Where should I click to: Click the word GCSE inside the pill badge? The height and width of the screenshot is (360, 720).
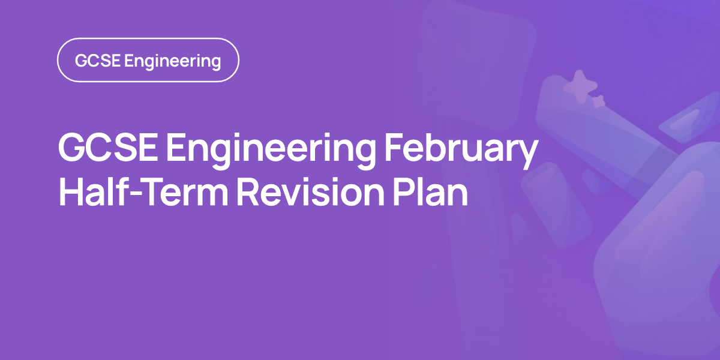coord(98,61)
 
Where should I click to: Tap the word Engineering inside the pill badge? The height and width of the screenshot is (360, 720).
coord(173,62)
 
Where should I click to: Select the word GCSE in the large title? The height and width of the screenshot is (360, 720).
coord(108,148)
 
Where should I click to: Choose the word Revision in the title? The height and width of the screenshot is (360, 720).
coord(311,192)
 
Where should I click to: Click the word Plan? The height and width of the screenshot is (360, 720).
coord(430,191)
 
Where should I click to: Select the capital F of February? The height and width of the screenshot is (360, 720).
coord(394,148)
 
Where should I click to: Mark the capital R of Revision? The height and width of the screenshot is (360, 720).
coord(247,192)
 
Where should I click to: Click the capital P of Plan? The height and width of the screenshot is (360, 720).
coord(403,192)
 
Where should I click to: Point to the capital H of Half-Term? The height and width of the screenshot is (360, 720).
coord(70,192)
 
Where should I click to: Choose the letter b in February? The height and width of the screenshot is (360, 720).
coord(438,148)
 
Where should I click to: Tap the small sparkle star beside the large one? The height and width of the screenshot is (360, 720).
coord(599,101)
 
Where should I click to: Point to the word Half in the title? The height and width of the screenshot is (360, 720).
coord(92,191)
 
